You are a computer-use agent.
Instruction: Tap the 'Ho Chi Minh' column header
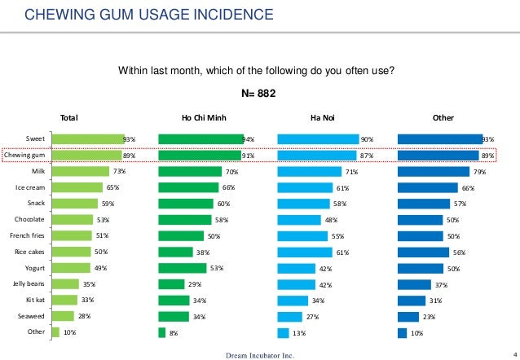pyautogui.click(x=204, y=118)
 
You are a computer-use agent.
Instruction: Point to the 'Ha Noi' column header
pyautogui.click(x=323, y=118)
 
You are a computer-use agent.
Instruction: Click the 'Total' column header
pyautogui.click(x=70, y=118)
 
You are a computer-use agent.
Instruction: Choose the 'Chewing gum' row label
pyautogui.click(x=24, y=155)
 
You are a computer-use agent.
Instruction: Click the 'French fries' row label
pyautogui.click(x=27, y=235)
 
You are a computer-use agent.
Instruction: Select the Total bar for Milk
pyautogui.click(x=80, y=171)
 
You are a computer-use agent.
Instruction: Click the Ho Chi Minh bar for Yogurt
pyautogui.click(x=182, y=268)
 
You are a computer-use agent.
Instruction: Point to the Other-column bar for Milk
pyautogui.click(x=433, y=171)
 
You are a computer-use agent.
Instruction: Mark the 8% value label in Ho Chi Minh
pyautogui.click(x=173, y=332)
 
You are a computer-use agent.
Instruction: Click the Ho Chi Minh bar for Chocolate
pyautogui.click(x=184, y=219)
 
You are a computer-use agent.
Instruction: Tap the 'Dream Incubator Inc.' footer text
pyautogui.click(x=259, y=355)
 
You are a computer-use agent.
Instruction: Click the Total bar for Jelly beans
pyautogui.click(x=65, y=284)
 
